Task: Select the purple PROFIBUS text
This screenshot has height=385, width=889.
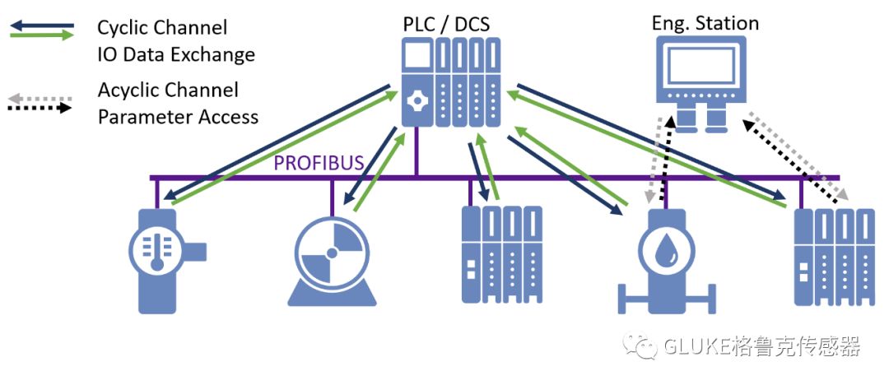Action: tap(319, 162)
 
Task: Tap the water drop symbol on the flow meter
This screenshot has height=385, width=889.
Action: tap(663, 252)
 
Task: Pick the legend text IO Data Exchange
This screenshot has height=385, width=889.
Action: tap(175, 55)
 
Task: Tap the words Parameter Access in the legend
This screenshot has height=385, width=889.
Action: tap(178, 117)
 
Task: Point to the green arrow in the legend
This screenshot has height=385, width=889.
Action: tap(41, 35)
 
